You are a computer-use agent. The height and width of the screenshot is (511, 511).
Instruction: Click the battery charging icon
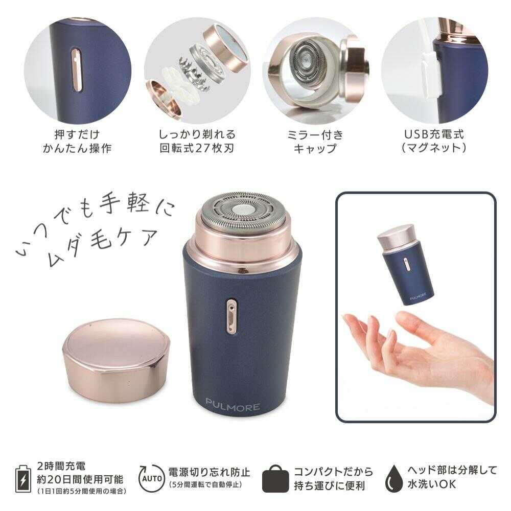pyautogui.click(x=22, y=478)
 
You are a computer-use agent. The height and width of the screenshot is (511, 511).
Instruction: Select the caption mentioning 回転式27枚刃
pyautogui.click(x=197, y=142)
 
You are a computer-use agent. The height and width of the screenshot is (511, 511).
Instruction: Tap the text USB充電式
pyautogui.click(x=434, y=135)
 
